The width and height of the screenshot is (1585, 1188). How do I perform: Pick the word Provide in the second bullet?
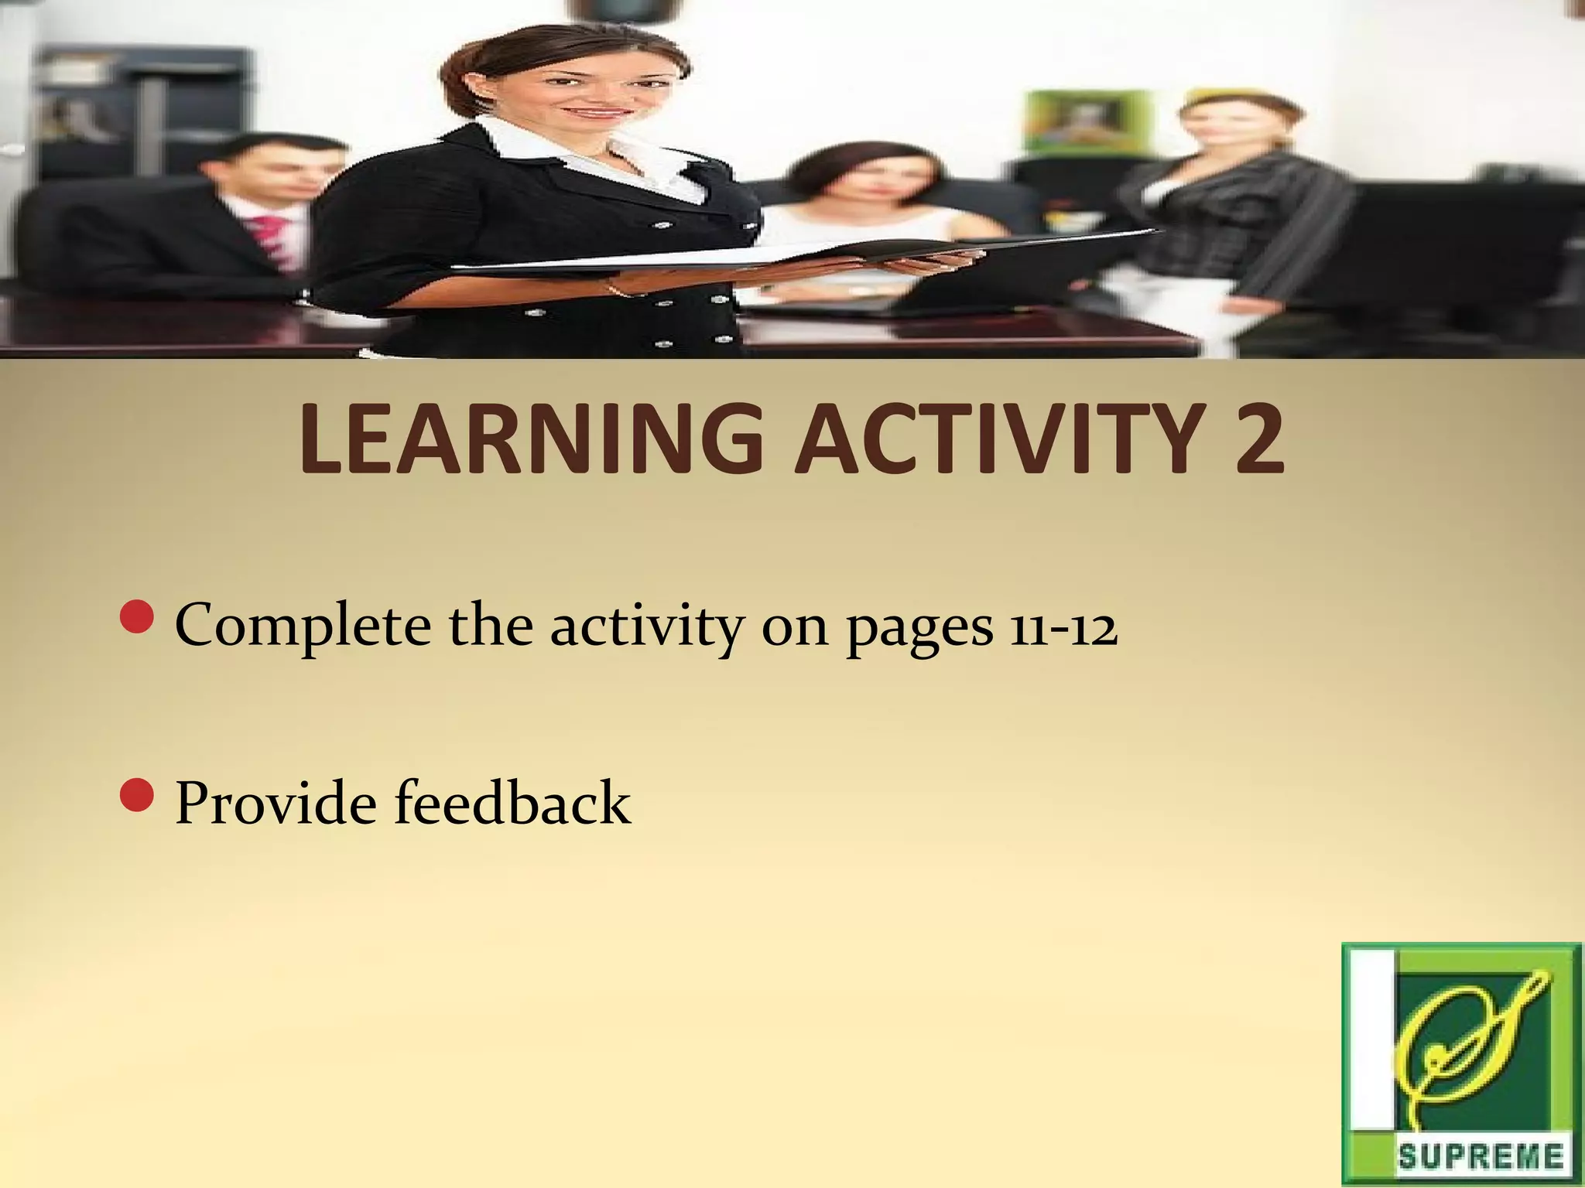[x=278, y=803]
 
